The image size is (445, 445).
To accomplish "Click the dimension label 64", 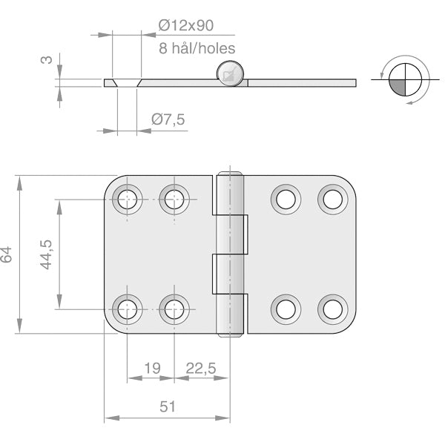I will click(7, 254).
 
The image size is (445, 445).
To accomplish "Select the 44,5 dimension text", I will click(46, 254).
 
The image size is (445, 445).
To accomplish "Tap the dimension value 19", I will click(151, 368).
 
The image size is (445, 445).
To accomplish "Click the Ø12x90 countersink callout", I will click(185, 25).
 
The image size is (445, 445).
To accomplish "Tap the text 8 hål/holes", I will click(197, 49).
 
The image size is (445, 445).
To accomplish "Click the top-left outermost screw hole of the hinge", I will click(127, 199).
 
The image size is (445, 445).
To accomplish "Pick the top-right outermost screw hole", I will click(332, 199).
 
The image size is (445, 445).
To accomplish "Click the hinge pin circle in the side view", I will click(231, 74).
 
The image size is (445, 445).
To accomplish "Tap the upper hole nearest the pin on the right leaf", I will click(286, 199).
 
